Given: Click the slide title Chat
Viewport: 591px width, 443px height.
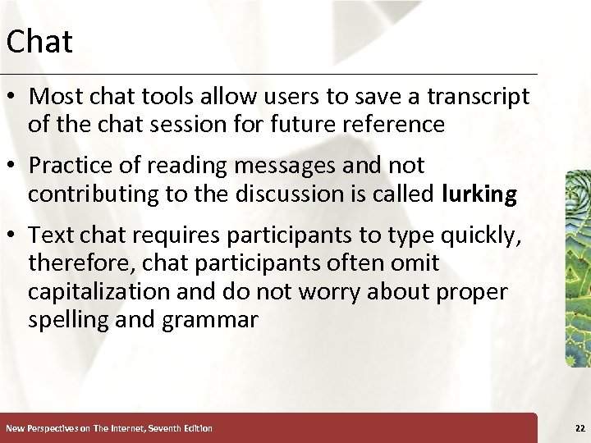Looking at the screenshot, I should pyautogui.click(x=39, y=41).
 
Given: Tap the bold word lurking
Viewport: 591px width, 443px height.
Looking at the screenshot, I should pyautogui.click(x=479, y=194).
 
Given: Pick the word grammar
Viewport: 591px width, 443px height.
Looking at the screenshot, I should pyautogui.click(x=209, y=321).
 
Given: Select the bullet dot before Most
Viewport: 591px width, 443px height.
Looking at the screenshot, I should pyautogui.click(x=13, y=97).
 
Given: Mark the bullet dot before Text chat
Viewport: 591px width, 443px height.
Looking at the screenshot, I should pyautogui.click(x=13, y=235).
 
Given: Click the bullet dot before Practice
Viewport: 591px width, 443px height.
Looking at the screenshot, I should pyautogui.click(x=13, y=166).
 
